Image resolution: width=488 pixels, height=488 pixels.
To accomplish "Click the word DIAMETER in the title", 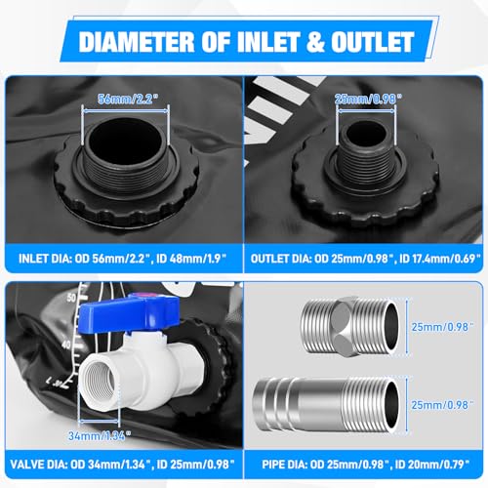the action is pyautogui.click(x=137, y=42).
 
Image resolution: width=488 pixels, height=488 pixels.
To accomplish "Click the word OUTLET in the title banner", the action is pyautogui.click(x=372, y=42).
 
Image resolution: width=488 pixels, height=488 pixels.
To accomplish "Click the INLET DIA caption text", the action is pyautogui.click(x=122, y=259).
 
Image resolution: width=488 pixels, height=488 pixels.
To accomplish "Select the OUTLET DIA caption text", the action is pyautogui.click(x=365, y=259).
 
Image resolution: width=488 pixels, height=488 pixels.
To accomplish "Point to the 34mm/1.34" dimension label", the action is pyautogui.click(x=100, y=436).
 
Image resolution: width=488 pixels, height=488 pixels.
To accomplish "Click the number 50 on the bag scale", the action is pyautogui.click(x=71, y=298).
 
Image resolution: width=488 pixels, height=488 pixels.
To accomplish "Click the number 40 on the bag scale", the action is pyautogui.click(x=66, y=345).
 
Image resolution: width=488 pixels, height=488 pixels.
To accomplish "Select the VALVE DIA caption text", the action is pyautogui.click(x=122, y=465).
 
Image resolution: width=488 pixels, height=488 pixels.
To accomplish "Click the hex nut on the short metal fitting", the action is pyautogui.click(x=346, y=326).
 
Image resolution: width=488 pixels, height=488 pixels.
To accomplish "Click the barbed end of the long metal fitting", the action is pyautogui.click(x=275, y=405).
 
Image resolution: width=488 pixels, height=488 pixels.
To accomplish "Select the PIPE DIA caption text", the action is pyautogui.click(x=366, y=465).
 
